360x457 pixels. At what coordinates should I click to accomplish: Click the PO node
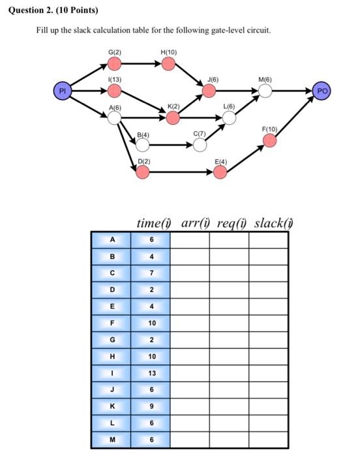click(322, 90)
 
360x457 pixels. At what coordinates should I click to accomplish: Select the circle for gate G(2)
click(114, 63)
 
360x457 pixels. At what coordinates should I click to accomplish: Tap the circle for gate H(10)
click(168, 63)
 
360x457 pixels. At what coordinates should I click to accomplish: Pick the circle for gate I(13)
click(114, 91)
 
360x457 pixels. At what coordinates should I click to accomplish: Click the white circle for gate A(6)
click(114, 118)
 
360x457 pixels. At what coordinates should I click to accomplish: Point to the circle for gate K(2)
click(173, 118)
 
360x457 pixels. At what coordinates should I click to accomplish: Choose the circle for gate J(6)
click(209, 91)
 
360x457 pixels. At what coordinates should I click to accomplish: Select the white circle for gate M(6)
click(265, 91)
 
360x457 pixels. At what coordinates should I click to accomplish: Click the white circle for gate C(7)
click(200, 145)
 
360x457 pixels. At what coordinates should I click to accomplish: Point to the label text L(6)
click(229, 105)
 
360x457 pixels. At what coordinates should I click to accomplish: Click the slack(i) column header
click(274, 224)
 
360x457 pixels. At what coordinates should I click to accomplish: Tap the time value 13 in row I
click(151, 373)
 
